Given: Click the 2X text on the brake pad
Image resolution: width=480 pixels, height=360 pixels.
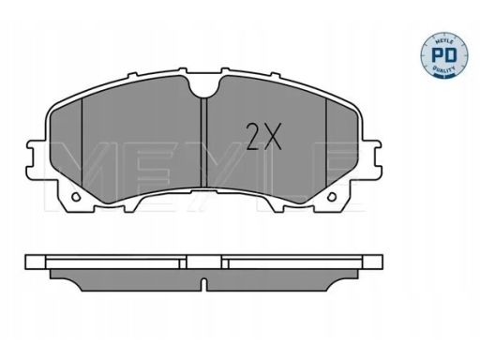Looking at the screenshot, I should click(262, 138).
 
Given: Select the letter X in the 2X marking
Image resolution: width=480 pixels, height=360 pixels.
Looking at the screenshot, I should click(273, 138).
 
